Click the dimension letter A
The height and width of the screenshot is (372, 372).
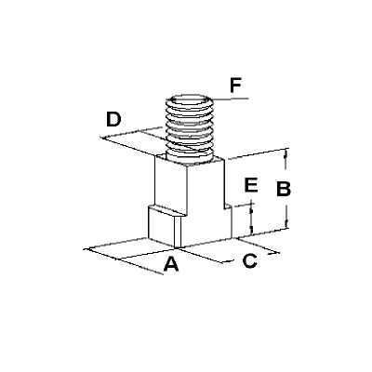[171, 264]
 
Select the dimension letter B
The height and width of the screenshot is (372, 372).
[284, 189]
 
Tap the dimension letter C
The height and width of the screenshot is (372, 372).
[250, 260]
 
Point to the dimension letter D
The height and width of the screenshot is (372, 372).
[113, 120]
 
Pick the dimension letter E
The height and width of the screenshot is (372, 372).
[251, 185]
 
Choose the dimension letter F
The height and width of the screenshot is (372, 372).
[235, 86]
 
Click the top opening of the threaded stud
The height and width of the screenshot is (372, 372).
[190, 100]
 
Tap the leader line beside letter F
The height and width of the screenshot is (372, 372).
[230, 99]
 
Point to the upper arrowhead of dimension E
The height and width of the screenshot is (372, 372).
[251, 207]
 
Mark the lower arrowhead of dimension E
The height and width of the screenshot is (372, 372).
[251, 231]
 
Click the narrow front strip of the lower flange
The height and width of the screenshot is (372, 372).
[178, 232]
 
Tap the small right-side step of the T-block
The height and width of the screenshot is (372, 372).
[229, 221]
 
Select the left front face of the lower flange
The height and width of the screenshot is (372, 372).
[162, 225]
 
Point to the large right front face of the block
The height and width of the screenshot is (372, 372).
[206, 202]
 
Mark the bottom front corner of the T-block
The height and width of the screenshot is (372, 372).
[178, 247]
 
